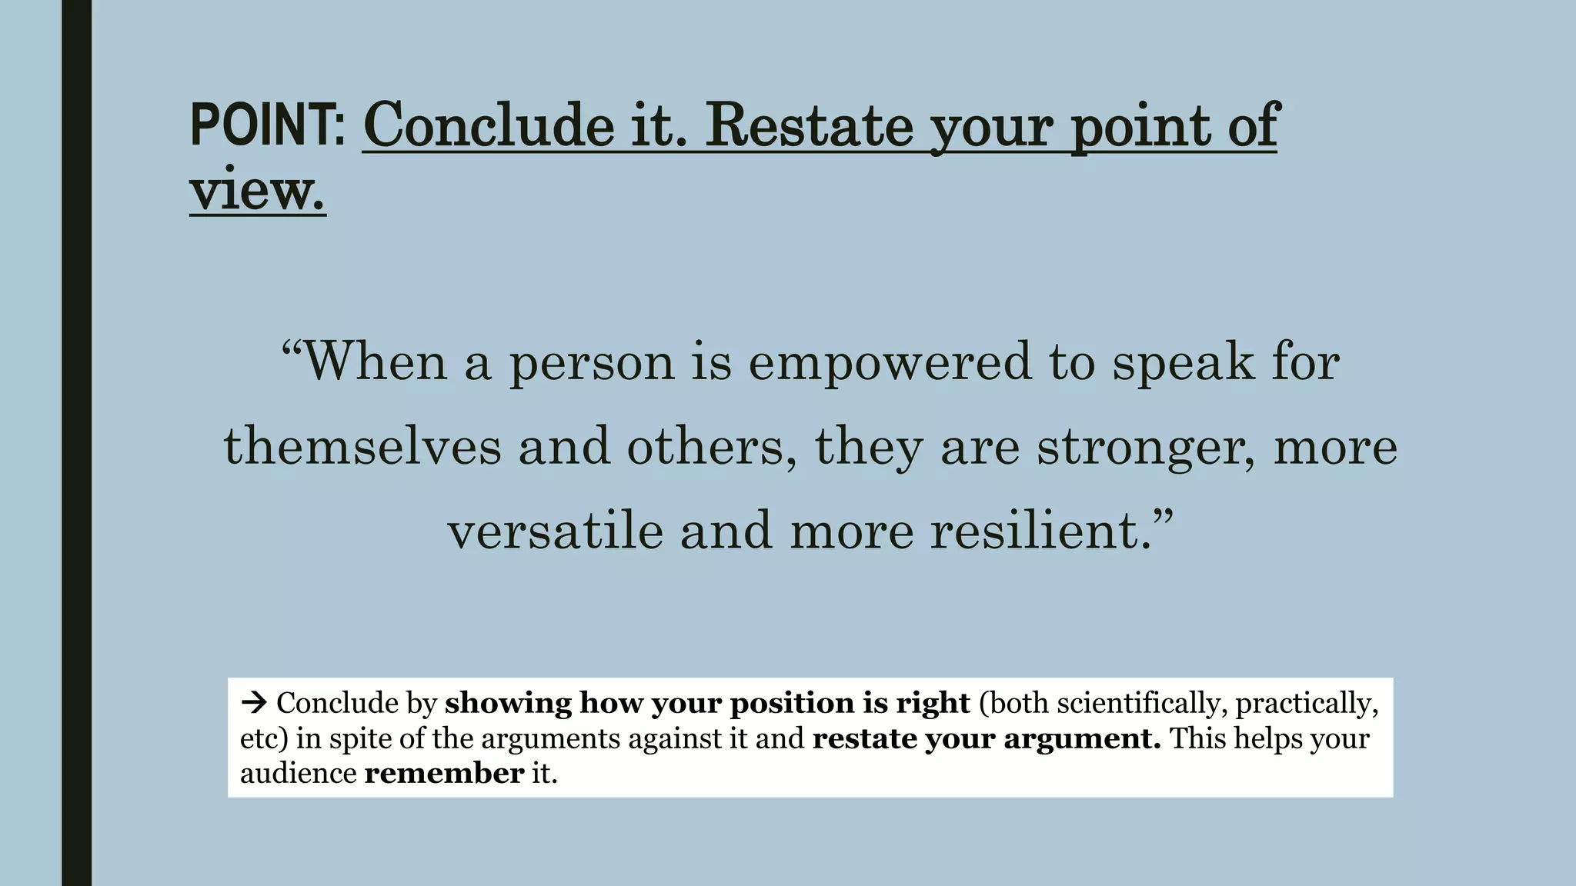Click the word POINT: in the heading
click(x=267, y=125)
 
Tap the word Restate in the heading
click(x=809, y=125)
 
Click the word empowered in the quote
click(x=890, y=361)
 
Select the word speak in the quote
click(x=1183, y=361)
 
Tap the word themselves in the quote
click(x=362, y=447)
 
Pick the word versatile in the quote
click(x=555, y=531)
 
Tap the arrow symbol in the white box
click(x=253, y=702)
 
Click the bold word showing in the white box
click(x=508, y=703)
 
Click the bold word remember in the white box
click(x=444, y=773)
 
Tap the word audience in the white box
click(x=298, y=773)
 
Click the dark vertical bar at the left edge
click(x=76, y=443)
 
